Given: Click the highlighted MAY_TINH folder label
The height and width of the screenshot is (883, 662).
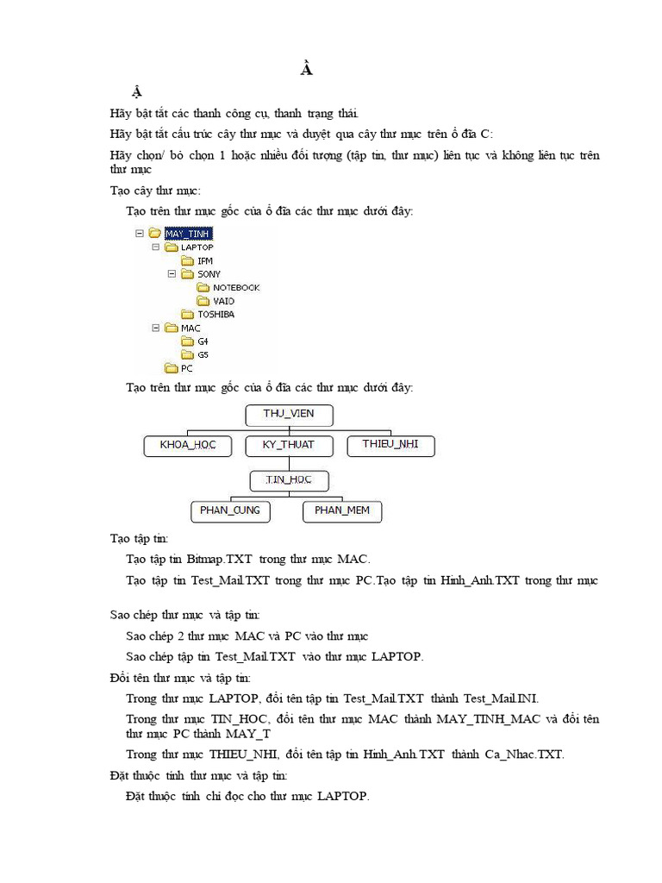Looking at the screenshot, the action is [188, 233].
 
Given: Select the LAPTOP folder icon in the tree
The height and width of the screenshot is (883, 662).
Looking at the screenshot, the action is [171, 247].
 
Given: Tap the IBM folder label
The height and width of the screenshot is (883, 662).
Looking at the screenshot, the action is [204, 260].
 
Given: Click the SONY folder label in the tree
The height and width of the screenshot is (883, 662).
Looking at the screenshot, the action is [209, 274].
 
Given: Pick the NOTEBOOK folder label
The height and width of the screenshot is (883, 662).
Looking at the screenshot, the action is [236, 287].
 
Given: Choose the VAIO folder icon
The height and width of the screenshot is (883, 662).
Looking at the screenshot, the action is [203, 301].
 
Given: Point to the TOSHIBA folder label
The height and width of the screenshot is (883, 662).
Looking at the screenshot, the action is [215, 314].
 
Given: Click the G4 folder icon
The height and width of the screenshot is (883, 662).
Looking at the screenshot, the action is [187, 341].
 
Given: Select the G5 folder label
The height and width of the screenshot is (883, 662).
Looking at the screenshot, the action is [203, 354].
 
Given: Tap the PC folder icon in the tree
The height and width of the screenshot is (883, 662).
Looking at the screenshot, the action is [171, 368].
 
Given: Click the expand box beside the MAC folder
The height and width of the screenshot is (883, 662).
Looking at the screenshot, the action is [155, 328].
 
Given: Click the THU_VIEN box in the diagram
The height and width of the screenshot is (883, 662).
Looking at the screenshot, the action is [289, 415].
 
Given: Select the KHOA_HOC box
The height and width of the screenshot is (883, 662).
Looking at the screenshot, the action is [187, 446].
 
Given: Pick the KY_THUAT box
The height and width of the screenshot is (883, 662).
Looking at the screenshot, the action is [289, 446].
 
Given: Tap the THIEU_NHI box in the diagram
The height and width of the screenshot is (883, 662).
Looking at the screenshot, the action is [390, 446].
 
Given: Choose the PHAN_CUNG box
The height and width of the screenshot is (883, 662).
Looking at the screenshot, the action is [229, 511].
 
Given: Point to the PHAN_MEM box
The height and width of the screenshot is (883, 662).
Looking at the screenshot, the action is [341, 511].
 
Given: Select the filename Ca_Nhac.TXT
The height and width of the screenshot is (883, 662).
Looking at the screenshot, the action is [525, 755].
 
